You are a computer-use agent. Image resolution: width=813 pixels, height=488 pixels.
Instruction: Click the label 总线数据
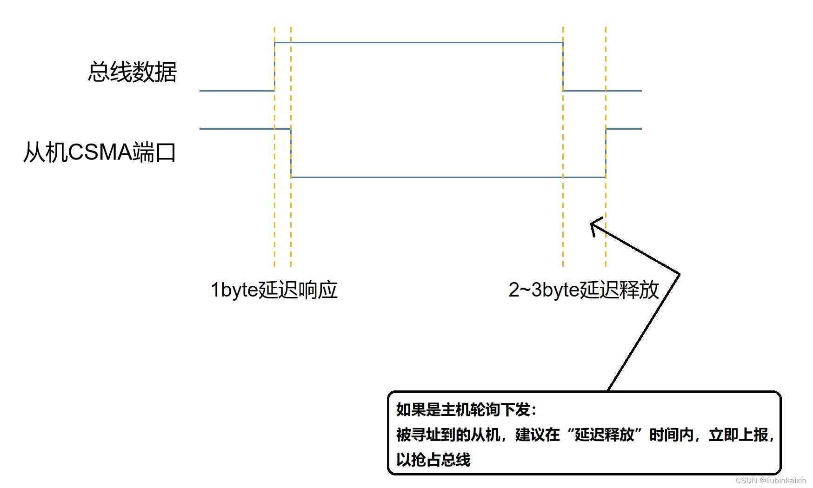click(132, 72)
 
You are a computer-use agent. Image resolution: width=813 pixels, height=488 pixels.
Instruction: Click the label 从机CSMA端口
click(100, 152)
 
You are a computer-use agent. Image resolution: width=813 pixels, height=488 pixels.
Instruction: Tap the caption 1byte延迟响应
click(273, 290)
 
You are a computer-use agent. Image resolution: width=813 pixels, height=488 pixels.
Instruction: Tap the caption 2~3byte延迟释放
click(584, 290)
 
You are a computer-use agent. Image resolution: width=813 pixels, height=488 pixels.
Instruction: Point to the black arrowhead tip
click(591, 224)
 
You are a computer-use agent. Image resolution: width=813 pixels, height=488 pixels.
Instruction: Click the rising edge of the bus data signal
click(274, 66)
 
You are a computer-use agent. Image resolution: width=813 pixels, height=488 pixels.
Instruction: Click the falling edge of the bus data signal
click(563, 66)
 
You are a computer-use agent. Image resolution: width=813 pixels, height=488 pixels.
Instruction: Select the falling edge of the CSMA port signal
click(291, 153)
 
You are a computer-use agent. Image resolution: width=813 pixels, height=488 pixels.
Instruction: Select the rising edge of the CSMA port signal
click(606, 153)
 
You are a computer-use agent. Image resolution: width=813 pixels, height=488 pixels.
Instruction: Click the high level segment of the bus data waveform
click(419, 43)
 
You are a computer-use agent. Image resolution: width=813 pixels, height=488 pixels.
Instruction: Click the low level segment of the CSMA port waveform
click(446, 177)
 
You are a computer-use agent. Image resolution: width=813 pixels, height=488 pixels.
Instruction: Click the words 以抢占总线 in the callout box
click(433, 460)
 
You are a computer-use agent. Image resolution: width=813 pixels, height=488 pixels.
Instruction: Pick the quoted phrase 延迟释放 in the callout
click(604, 435)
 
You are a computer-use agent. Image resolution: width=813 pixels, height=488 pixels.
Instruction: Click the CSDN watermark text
click(771, 481)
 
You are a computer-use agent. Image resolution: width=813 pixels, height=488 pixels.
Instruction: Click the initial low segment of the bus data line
click(237, 91)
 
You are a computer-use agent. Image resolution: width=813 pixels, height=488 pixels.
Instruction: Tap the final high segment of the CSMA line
click(624, 129)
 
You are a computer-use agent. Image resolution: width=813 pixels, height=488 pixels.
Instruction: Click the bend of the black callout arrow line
click(680, 273)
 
